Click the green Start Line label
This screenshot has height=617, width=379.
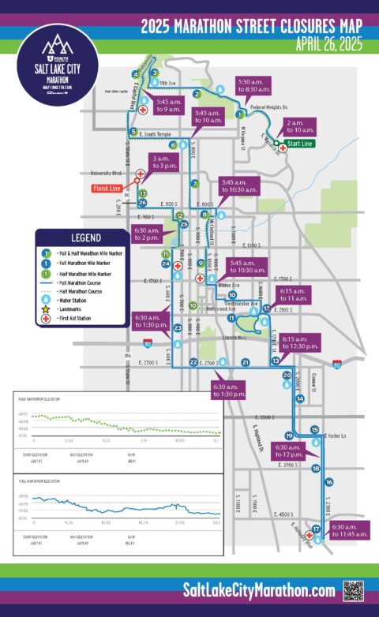[x=300, y=144]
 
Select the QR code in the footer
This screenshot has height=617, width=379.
[x=353, y=589]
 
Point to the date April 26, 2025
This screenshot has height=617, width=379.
[x=328, y=45]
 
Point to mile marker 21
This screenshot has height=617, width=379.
[x=246, y=361]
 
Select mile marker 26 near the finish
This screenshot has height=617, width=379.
[x=142, y=203]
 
